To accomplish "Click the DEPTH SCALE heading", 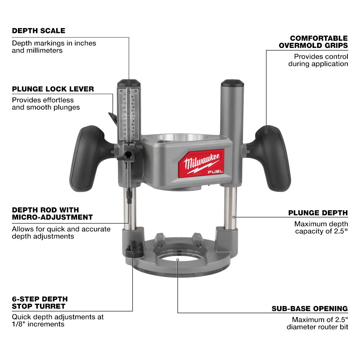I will click(x=39, y=31).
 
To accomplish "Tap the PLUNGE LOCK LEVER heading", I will click(x=53, y=89).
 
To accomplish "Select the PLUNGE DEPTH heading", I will click(x=318, y=213).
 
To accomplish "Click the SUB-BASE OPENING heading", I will click(x=310, y=309).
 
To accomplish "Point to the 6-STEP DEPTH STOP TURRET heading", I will click(x=40, y=303).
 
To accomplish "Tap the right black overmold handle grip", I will click(x=273, y=158).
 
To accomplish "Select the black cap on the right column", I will click(x=232, y=84).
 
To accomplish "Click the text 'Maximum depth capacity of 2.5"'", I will click(x=321, y=228).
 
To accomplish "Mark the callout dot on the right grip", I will click(x=267, y=131).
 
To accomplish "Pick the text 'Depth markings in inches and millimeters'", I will click(x=54, y=47).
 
